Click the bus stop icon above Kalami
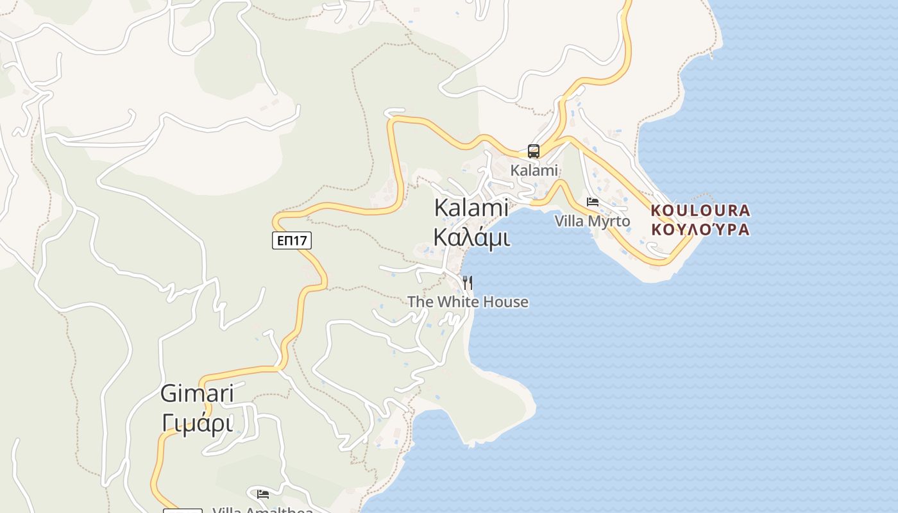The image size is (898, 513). (x=534, y=151)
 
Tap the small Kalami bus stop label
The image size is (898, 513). (x=534, y=171)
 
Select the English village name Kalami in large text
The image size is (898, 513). (x=471, y=208)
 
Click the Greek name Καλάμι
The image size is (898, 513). (x=471, y=237)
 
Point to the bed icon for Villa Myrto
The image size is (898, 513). (x=593, y=202)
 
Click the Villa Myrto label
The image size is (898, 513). (x=592, y=221)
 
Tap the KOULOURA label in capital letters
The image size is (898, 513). (x=700, y=210)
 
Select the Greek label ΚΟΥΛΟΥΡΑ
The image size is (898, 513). (x=700, y=230)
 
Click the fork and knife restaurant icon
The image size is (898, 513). (x=468, y=282)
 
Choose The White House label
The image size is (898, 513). (x=468, y=302)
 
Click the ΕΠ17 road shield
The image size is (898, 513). (x=292, y=240)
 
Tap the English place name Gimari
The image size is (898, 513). (x=197, y=394)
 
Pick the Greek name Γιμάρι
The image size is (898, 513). (x=197, y=423)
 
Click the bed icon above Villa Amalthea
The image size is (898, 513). (x=263, y=494)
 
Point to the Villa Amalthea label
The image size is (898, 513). (x=262, y=510)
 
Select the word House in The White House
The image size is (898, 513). (x=506, y=302)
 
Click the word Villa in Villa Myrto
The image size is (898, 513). (x=568, y=221)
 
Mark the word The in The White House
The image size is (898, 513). (x=419, y=302)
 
